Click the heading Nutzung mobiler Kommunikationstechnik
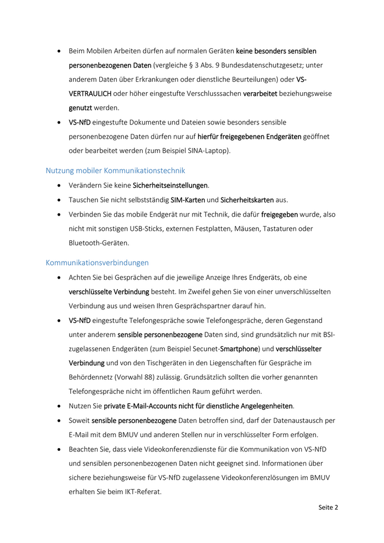[x=115, y=171]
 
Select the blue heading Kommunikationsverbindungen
[x=97, y=263]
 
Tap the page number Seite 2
[x=328, y=507]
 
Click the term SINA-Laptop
[x=209, y=150]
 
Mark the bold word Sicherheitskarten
[x=247, y=200]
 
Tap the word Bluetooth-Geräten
[x=99, y=242]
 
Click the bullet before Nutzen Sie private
[x=59, y=406]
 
